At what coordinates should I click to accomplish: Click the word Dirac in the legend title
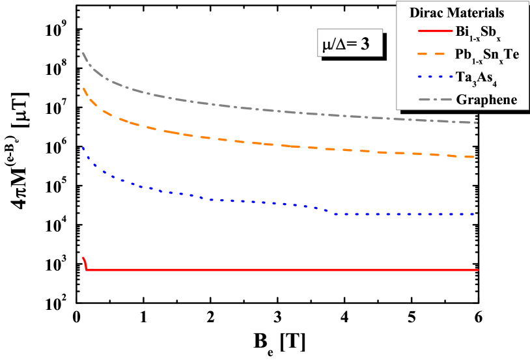(426, 12)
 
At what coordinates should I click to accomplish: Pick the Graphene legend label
(487, 100)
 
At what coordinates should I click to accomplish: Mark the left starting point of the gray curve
(83, 53)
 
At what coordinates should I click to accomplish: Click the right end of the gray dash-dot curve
(477, 122)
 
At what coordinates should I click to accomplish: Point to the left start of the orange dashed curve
(83, 88)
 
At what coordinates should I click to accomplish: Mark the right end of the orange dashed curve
(477, 157)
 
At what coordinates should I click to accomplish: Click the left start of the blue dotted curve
(83, 148)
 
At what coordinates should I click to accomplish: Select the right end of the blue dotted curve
(477, 214)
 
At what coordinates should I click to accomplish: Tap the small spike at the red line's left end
(84, 258)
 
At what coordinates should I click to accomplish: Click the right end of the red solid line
(478, 270)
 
